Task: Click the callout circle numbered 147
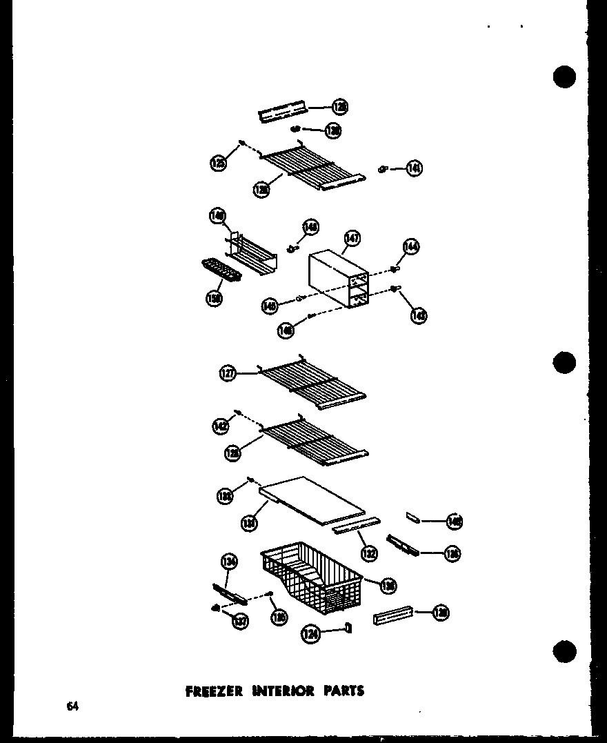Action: click(x=352, y=239)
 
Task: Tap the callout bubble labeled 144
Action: click(x=412, y=246)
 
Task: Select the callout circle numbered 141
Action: click(x=414, y=168)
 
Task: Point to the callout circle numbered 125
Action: click(x=218, y=163)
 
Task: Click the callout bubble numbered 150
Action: click(x=215, y=299)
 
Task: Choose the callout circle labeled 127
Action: click(x=228, y=374)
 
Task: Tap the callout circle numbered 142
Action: click(x=220, y=427)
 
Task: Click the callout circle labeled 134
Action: click(x=229, y=563)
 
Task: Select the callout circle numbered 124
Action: click(x=310, y=633)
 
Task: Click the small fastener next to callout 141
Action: click(x=383, y=169)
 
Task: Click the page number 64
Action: click(x=72, y=706)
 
